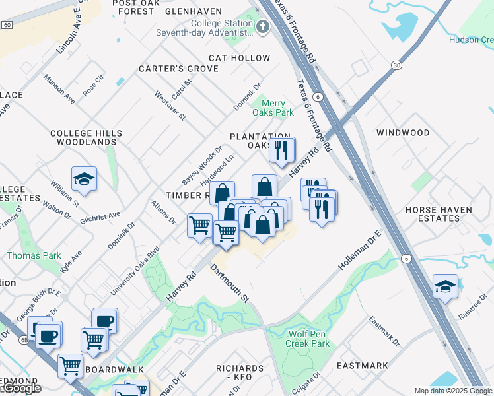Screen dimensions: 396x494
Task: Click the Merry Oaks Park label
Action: pyautogui.click(x=273, y=108)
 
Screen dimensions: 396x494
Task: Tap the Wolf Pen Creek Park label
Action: pyautogui.click(x=308, y=339)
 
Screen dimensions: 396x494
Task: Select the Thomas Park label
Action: pyautogui.click(x=34, y=255)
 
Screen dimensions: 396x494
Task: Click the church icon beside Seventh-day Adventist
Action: pyautogui.click(x=263, y=27)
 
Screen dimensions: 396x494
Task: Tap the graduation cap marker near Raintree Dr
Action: pyautogui.click(x=446, y=286)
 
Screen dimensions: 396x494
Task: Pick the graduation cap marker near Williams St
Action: pyautogui.click(x=85, y=179)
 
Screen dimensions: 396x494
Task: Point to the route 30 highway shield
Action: pyautogui.click(x=396, y=65)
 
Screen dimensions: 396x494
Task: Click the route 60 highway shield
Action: pyautogui.click(x=7, y=24)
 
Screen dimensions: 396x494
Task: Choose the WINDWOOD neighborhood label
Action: pyautogui.click(x=403, y=133)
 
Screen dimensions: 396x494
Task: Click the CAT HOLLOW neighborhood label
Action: pyautogui.click(x=239, y=58)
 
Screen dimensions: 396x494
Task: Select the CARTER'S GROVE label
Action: pyautogui.click(x=169, y=69)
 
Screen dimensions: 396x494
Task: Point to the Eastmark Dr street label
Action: pyautogui.click(x=384, y=331)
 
